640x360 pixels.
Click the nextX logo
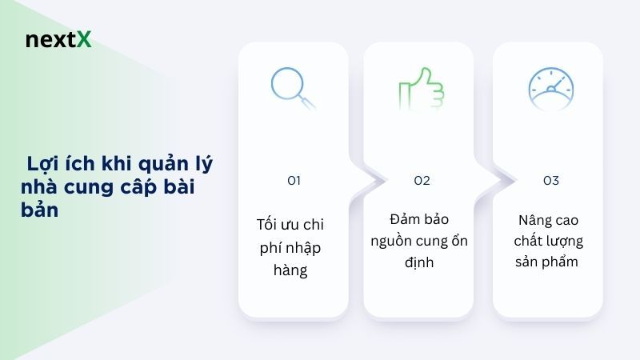[58, 39]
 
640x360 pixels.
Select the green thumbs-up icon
[420, 89]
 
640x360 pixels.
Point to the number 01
[294, 181]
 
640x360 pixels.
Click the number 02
[422, 181]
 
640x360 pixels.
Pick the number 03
[550, 181]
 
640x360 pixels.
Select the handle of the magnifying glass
[307, 102]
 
